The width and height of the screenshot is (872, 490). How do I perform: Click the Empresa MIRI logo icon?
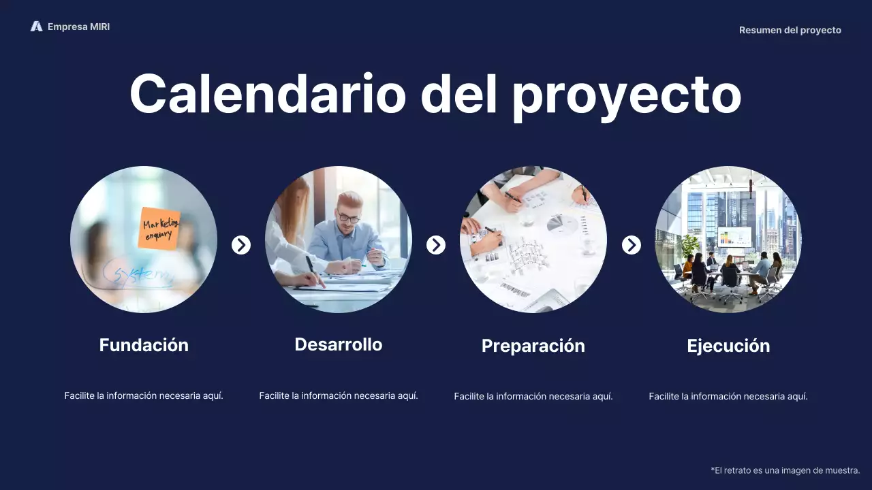click(36, 27)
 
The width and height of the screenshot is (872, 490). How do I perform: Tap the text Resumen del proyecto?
click(790, 30)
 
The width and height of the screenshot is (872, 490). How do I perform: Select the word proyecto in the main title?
click(626, 95)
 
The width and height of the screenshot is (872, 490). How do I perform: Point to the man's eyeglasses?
click(349, 218)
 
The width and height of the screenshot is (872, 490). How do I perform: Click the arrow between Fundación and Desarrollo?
click(241, 245)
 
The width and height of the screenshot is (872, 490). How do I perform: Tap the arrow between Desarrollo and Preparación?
click(436, 245)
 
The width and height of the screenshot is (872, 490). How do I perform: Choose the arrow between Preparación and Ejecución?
click(632, 245)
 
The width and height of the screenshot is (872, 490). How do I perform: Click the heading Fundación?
click(144, 345)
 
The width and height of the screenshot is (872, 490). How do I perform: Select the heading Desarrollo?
click(339, 344)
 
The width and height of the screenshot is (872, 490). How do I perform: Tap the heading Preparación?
click(533, 346)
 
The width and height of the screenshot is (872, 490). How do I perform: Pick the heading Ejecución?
click(728, 346)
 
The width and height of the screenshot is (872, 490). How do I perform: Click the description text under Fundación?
click(144, 395)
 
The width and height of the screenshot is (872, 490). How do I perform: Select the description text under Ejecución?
click(728, 396)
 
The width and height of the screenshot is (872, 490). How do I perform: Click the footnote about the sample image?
click(785, 470)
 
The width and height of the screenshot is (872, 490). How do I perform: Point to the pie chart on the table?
click(562, 223)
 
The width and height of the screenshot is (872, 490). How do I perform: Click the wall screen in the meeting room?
click(734, 237)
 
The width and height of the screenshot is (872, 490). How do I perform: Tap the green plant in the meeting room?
click(689, 244)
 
